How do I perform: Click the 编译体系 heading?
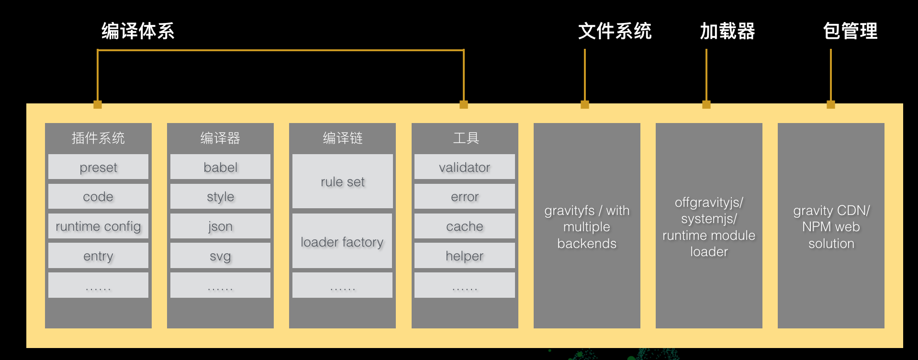click(x=138, y=31)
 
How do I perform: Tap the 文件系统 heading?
click(x=615, y=31)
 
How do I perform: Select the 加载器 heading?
click(x=727, y=31)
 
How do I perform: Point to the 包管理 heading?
click(x=850, y=31)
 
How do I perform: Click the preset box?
click(x=98, y=167)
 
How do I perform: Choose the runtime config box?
click(x=98, y=226)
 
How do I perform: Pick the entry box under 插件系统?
click(x=98, y=256)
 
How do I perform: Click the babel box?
click(x=220, y=167)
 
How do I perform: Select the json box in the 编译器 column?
click(x=220, y=226)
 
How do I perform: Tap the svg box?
click(x=220, y=256)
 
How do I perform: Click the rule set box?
click(x=342, y=181)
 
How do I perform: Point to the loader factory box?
click(x=342, y=242)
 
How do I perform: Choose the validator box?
click(x=464, y=167)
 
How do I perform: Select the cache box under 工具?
click(x=464, y=226)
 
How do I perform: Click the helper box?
click(x=464, y=256)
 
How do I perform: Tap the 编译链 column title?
click(x=342, y=138)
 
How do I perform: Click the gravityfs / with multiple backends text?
click(x=587, y=227)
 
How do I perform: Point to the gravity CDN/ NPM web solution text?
click(x=831, y=227)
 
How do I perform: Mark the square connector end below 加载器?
click(x=706, y=105)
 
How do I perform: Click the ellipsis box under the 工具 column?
click(x=464, y=285)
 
